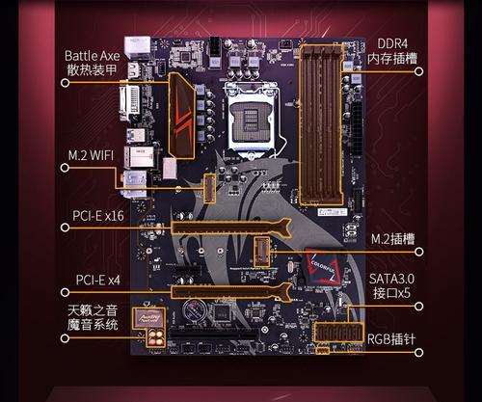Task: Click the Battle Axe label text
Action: (93, 56)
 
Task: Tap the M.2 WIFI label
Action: (91, 155)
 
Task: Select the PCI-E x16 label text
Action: (98, 216)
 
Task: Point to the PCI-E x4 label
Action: (98, 280)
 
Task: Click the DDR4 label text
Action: (392, 43)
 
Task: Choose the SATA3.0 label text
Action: (391, 279)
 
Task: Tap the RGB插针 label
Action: (391, 339)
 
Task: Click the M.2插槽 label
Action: (392, 239)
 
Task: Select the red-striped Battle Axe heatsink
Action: (182, 116)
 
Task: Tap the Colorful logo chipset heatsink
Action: (324, 266)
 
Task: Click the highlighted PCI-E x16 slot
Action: (230, 228)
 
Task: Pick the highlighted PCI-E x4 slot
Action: (230, 292)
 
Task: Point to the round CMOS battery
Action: (196, 310)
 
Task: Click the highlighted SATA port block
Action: (338, 333)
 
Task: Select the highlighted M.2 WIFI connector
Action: (210, 189)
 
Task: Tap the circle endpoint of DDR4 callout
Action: (418, 71)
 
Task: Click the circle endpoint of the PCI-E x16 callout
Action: (65, 228)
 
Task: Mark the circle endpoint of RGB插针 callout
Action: (418, 353)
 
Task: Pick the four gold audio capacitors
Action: (156, 338)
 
